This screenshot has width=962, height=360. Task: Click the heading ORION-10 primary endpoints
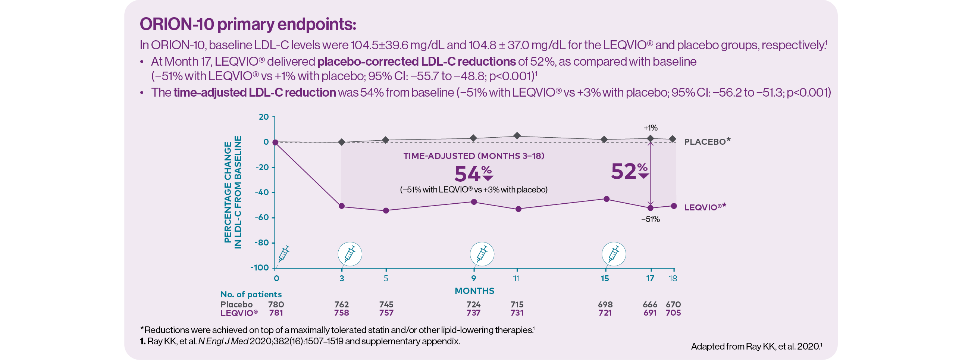(248, 24)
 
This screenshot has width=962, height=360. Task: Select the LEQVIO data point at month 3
(341, 206)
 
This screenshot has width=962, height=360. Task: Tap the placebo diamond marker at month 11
(517, 135)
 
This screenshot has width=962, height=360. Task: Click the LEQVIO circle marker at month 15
(607, 199)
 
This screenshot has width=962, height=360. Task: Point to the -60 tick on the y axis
(262, 217)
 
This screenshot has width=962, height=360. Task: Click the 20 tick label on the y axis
(264, 117)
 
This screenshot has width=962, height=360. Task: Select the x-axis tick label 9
(473, 278)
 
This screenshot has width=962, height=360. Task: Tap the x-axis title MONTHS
(474, 291)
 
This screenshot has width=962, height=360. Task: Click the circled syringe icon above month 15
(614, 254)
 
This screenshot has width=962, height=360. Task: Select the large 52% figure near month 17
(630, 171)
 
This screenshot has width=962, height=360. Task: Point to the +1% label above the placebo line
(650, 128)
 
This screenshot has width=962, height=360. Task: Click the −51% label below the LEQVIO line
(650, 220)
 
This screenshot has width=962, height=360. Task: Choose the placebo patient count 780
(276, 304)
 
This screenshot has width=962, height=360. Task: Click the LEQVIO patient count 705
(673, 313)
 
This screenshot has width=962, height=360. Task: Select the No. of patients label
(251, 294)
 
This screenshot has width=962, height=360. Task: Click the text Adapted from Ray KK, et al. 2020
(756, 346)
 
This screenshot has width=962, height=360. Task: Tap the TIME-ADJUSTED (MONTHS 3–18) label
(473, 156)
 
